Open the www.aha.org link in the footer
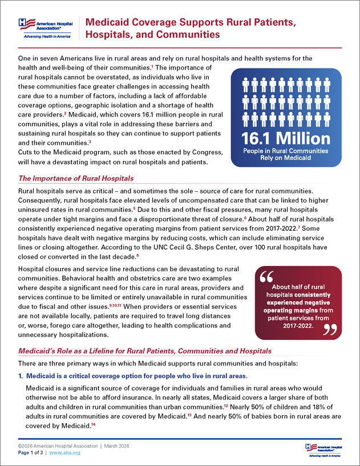[x=64, y=452]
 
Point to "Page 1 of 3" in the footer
[x=30, y=452]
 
